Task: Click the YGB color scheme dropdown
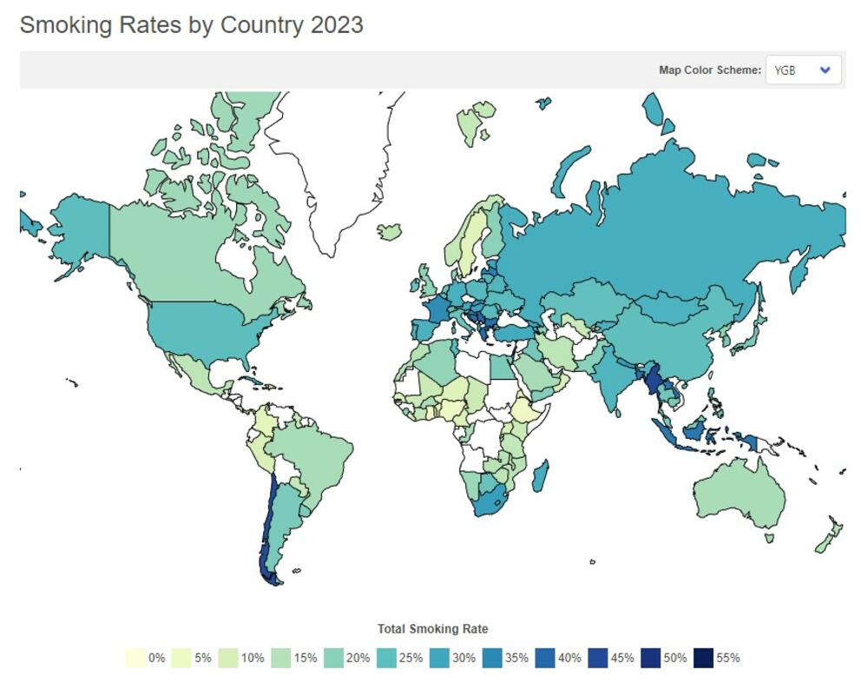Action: pyautogui.click(x=803, y=70)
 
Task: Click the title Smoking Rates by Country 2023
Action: pyautogui.click(x=192, y=25)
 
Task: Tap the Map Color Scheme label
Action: pyautogui.click(x=709, y=70)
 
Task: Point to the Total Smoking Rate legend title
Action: pyautogui.click(x=432, y=628)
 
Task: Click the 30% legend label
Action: pyautogui.click(x=464, y=658)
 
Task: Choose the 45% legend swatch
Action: pyautogui.click(x=598, y=658)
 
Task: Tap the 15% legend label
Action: pyautogui.click(x=305, y=658)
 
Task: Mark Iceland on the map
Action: pyautogui.click(x=391, y=231)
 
